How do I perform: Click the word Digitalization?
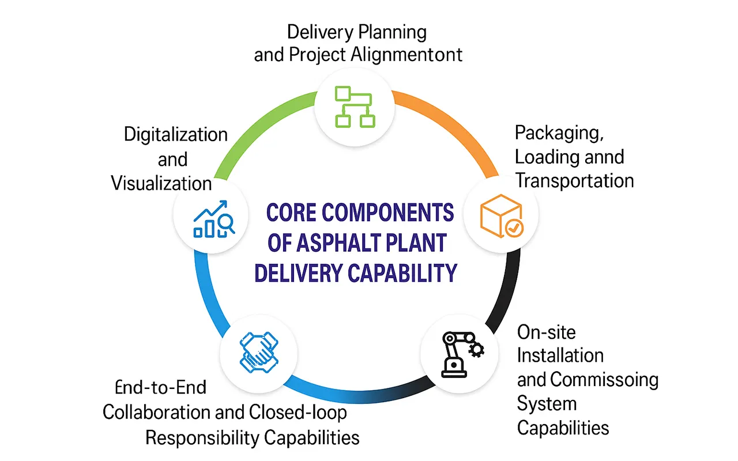(x=176, y=135)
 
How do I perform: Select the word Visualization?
(x=161, y=183)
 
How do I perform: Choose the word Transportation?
(x=574, y=180)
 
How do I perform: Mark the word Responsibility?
(x=202, y=437)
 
